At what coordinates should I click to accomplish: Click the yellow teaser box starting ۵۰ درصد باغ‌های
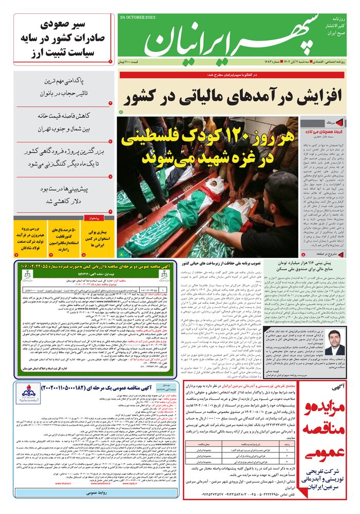64,239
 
